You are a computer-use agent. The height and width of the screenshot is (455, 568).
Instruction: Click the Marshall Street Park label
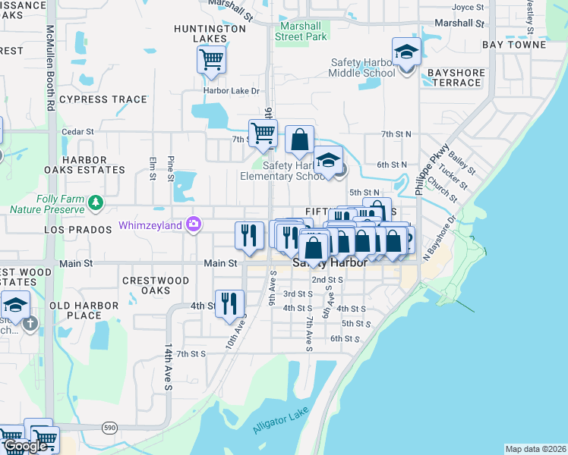click(301, 30)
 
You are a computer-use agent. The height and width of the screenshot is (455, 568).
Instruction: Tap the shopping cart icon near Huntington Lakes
click(211, 59)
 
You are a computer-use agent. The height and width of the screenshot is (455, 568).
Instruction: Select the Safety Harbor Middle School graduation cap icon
click(406, 52)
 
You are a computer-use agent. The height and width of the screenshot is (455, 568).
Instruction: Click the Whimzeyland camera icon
click(194, 224)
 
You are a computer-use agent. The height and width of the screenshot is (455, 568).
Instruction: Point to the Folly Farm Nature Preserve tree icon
click(96, 202)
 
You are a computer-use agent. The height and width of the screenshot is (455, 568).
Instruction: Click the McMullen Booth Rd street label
click(49, 68)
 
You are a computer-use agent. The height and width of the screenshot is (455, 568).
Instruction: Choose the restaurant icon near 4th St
click(229, 303)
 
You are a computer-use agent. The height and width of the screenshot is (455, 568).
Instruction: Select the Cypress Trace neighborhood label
click(103, 99)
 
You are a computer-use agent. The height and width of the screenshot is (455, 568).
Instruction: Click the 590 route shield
click(110, 428)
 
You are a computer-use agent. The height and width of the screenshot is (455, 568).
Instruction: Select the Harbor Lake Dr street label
click(232, 91)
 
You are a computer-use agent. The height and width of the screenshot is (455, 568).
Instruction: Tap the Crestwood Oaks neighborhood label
click(156, 285)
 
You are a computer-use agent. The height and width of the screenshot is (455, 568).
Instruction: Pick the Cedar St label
click(77, 131)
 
